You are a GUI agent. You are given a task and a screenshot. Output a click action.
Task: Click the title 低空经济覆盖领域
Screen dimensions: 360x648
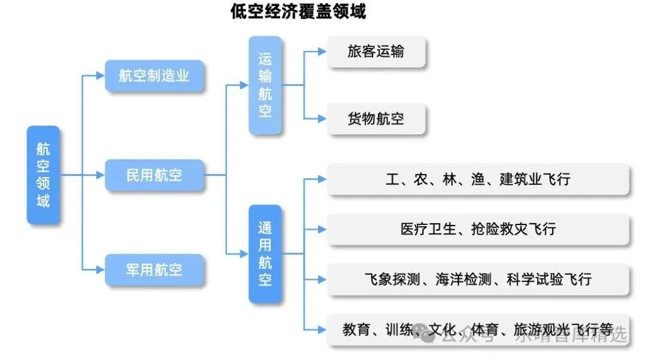pos(298,11)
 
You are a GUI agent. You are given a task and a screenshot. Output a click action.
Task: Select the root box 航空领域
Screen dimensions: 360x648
pos(43,175)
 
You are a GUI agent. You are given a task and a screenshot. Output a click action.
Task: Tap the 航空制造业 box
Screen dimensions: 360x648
pos(154,76)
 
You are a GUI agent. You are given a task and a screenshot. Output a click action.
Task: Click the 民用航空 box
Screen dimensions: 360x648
pos(154,175)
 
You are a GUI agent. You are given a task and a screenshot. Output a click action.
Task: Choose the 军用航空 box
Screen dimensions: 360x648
pos(154,269)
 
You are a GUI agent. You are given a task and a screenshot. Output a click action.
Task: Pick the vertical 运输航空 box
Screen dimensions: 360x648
pos(265,85)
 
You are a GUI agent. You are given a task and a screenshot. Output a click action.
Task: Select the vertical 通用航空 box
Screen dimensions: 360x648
pos(265,254)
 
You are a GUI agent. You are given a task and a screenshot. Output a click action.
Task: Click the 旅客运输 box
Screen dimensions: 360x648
pos(376,52)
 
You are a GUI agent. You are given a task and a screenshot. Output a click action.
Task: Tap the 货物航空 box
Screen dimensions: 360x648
pos(376,118)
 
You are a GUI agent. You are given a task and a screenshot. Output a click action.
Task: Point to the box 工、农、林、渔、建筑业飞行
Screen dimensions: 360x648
pos(478,179)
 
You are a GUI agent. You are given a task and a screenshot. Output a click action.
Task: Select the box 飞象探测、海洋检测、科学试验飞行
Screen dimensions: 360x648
pos(478,279)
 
